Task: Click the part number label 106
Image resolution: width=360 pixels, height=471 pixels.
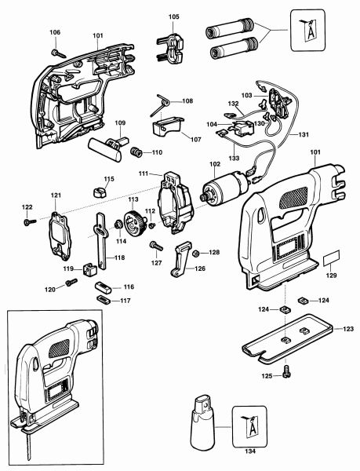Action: [x=55, y=32]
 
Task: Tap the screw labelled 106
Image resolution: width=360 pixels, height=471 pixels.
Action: [x=59, y=53]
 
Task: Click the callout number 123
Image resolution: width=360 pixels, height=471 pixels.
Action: [x=348, y=329]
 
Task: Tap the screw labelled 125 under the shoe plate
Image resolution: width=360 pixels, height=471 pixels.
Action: [x=287, y=371]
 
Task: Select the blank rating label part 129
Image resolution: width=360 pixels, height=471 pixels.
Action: [x=332, y=258]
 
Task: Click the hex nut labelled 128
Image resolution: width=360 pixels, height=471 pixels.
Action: [x=196, y=254]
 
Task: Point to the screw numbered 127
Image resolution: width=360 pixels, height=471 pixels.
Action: [x=156, y=246]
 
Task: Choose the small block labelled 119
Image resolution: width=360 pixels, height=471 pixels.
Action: [x=89, y=268]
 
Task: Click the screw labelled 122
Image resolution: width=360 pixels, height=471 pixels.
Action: [x=29, y=222]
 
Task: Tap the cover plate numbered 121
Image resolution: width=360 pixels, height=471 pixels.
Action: [x=60, y=235]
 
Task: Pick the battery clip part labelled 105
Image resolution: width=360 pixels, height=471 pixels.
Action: [x=169, y=48]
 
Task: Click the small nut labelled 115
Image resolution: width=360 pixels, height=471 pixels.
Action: [x=100, y=192]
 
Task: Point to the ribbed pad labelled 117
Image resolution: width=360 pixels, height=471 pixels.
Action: [x=104, y=300]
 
